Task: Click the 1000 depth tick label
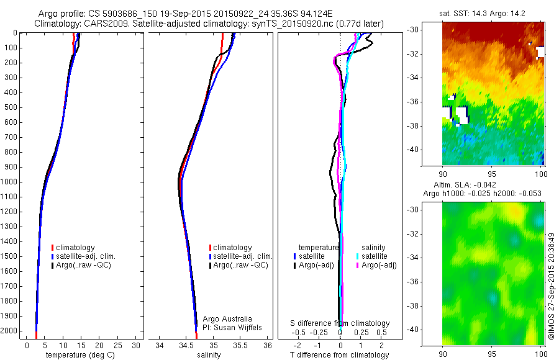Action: (11, 182)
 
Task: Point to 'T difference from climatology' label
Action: (340, 355)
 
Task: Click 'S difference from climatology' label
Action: (340, 323)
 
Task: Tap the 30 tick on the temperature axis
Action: (137, 344)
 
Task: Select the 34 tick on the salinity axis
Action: (160, 344)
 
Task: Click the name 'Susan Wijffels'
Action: (240, 327)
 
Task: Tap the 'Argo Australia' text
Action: (227, 319)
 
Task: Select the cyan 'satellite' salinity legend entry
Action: (375, 256)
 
